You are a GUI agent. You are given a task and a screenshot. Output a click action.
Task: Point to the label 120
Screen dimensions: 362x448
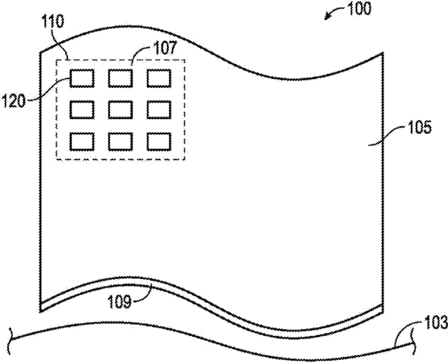[14, 101]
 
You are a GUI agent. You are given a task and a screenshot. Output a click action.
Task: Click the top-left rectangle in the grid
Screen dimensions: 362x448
[82, 78]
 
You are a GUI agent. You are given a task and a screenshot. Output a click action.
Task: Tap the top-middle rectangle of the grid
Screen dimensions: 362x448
[120, 78]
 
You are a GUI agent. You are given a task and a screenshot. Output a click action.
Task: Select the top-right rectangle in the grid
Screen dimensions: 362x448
[158, 78]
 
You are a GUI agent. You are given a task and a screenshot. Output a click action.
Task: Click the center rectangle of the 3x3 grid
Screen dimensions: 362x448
[120, 109]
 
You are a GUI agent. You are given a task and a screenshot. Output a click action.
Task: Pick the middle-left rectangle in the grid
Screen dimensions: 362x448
[82, 109]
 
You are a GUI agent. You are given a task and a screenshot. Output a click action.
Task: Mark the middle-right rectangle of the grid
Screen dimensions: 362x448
[158, 109]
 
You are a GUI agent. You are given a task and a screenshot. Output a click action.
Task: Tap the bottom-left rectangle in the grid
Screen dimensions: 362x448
[82, 141]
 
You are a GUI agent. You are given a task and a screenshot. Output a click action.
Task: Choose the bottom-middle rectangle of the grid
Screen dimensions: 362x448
[120, 141]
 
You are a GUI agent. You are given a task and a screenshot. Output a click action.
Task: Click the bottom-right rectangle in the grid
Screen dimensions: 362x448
[158, 141]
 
